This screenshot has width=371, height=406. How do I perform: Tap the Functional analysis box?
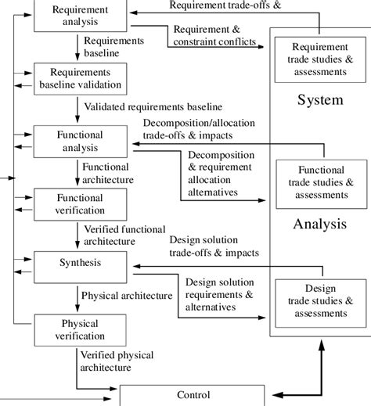(81, 142)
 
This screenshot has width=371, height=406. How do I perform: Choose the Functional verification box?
(81, 204)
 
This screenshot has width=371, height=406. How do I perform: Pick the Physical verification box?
(81, 329)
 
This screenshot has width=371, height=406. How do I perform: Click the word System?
(319, 101)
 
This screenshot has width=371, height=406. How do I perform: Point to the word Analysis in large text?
(319, 225)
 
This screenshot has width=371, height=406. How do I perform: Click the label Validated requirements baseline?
(153, 106)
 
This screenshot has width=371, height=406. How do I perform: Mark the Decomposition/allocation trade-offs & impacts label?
(198, 129)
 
